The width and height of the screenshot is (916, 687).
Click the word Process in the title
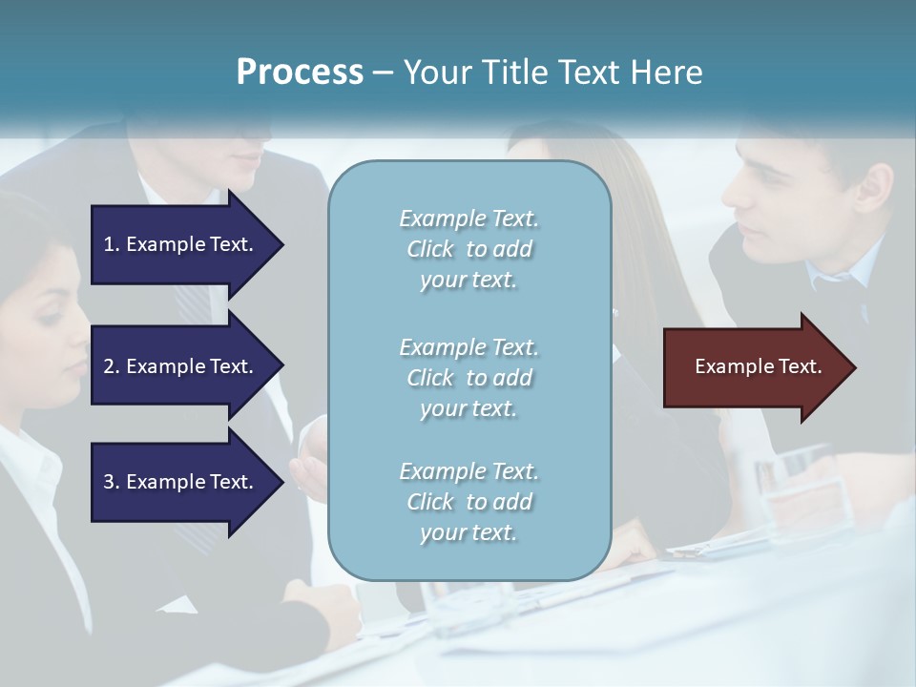click(300, 73)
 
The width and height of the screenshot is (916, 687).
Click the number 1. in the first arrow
click(112, 244)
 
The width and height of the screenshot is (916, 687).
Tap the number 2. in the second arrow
click(112, 366)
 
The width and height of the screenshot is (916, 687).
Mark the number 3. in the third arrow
click(112, 482)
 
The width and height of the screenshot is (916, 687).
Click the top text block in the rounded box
click(468, 249)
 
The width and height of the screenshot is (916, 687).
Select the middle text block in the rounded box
click(468, 378)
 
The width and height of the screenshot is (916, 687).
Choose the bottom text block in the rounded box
click(468, 502)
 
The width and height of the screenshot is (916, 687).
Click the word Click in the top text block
click(430, 249)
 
